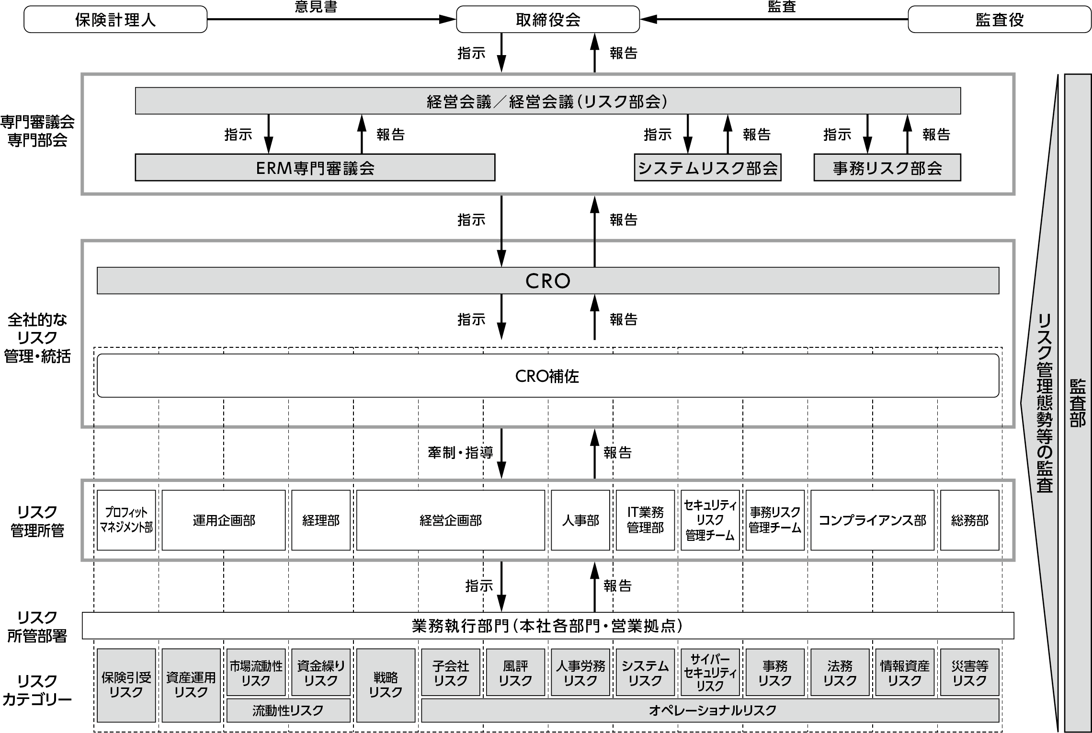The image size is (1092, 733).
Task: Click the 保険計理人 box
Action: click(115, 20)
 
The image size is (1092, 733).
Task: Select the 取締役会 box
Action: click(548, 20)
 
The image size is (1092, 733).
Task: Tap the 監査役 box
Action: click(1000, 20)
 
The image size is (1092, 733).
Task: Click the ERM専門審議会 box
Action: click(315, 168)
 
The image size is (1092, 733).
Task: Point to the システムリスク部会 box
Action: click(707, 168)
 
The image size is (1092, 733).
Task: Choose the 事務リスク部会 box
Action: click(887, 168)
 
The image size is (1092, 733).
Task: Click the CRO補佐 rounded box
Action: click(548, 376)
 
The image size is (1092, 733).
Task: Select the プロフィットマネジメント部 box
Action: click(126, 520)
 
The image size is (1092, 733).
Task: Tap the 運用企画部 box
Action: click(224, 520)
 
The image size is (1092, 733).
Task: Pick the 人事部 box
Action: click(580, 520)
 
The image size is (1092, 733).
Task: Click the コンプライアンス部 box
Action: click(872, 520)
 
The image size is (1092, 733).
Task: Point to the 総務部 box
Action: click(970, 520)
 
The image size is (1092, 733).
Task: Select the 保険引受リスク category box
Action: click(126, 685)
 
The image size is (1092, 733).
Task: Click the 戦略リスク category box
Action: click(386, 685)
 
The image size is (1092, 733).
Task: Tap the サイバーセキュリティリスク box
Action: click(710, 672)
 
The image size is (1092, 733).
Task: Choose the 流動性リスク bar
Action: click(288, 710)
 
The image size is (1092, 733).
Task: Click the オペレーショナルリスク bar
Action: click(710, 710)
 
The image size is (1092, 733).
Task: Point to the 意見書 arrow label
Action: click(316, 7)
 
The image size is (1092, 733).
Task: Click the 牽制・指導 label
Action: click(460, 453)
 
